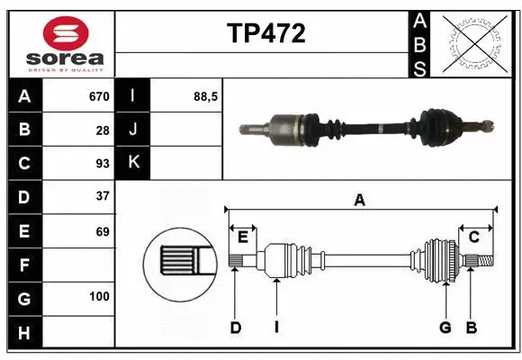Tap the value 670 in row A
tap(98, 96)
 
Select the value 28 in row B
tap(103, 130)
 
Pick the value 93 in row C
tap(103, 164)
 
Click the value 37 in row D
tap(103, 195)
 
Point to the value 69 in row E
tap(103, 230)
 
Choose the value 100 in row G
tap(99, 296)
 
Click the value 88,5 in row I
tap(206, 96)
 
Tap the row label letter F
tap(23, 265)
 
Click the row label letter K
tap(132, 163)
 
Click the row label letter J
tap(132, 130)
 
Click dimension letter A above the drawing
tap(359, 200)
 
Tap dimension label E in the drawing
tap(243, 237)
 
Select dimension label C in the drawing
tap(473, 237)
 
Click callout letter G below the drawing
tap(445, 328)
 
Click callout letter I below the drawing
tap(276, 328)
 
